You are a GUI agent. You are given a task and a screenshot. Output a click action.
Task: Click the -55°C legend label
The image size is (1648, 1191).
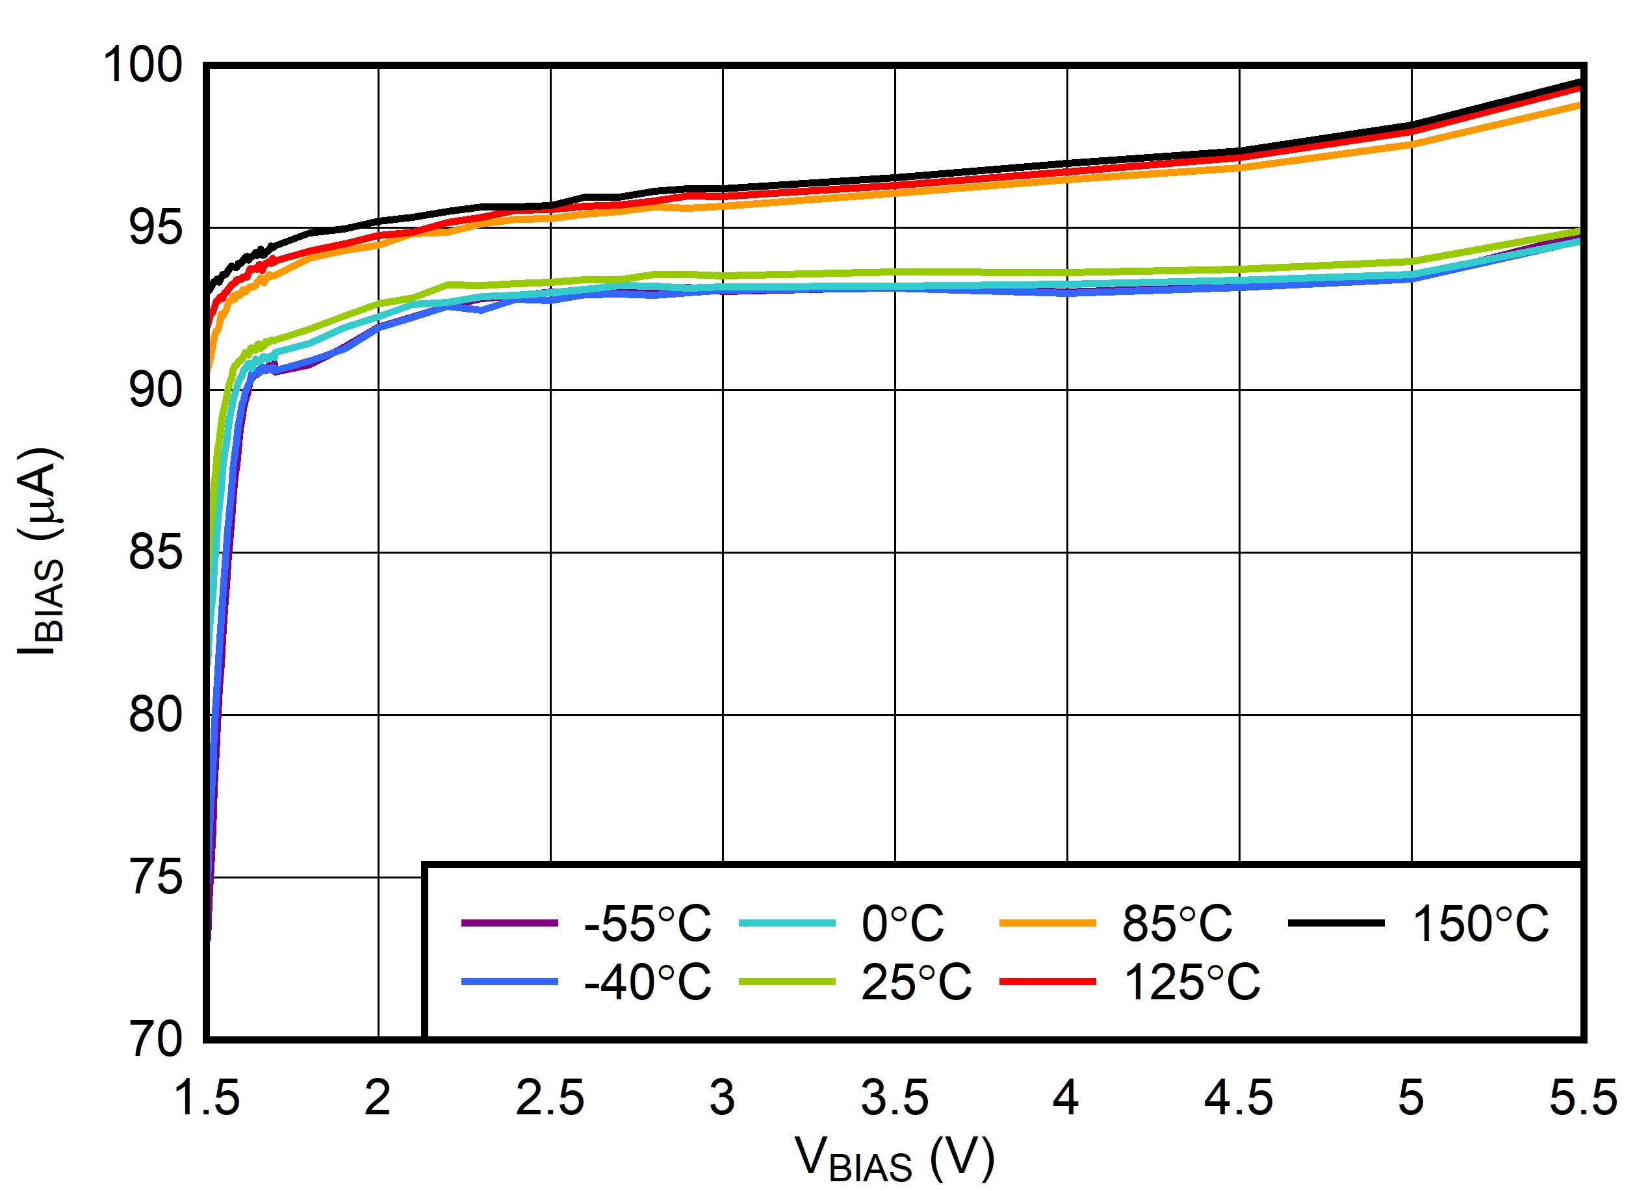point(647,925)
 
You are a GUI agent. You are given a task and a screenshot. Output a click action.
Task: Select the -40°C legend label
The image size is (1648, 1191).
point(647,982)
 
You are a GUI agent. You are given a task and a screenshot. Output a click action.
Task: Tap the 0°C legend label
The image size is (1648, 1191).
point(903,925)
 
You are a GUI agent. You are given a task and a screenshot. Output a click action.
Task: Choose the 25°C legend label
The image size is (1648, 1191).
point(916,982)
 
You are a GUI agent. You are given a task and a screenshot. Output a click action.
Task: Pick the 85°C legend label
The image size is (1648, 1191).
point(1177,925)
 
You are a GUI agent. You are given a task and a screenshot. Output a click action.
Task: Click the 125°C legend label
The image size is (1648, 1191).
point(1192,982)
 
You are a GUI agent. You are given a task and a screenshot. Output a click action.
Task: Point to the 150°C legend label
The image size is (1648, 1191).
point(1480,925)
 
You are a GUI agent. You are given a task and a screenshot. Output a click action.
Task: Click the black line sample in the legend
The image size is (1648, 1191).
point(1336,923)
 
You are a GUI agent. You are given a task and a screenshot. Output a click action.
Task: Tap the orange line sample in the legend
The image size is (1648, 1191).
point(1047,923)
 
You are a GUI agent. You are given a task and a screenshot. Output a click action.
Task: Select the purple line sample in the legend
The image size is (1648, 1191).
point(509,923)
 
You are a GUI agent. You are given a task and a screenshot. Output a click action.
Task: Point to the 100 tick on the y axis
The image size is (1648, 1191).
point(142,65)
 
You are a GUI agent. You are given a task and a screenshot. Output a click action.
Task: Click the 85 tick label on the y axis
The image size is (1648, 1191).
point(155,552)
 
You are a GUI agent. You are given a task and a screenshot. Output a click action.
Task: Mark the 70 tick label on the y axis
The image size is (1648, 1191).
point(155,1039)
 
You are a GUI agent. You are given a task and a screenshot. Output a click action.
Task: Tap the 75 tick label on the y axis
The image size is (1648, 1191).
point(155,877)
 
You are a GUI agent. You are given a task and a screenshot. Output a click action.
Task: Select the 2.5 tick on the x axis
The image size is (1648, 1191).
point(550,1097)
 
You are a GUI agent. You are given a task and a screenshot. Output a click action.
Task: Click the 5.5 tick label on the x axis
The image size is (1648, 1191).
point(1583,1097)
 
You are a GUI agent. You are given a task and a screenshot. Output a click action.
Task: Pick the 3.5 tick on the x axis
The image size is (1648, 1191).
point(894,1097)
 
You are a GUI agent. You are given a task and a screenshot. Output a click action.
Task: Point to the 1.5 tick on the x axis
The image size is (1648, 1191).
point(207,1097)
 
